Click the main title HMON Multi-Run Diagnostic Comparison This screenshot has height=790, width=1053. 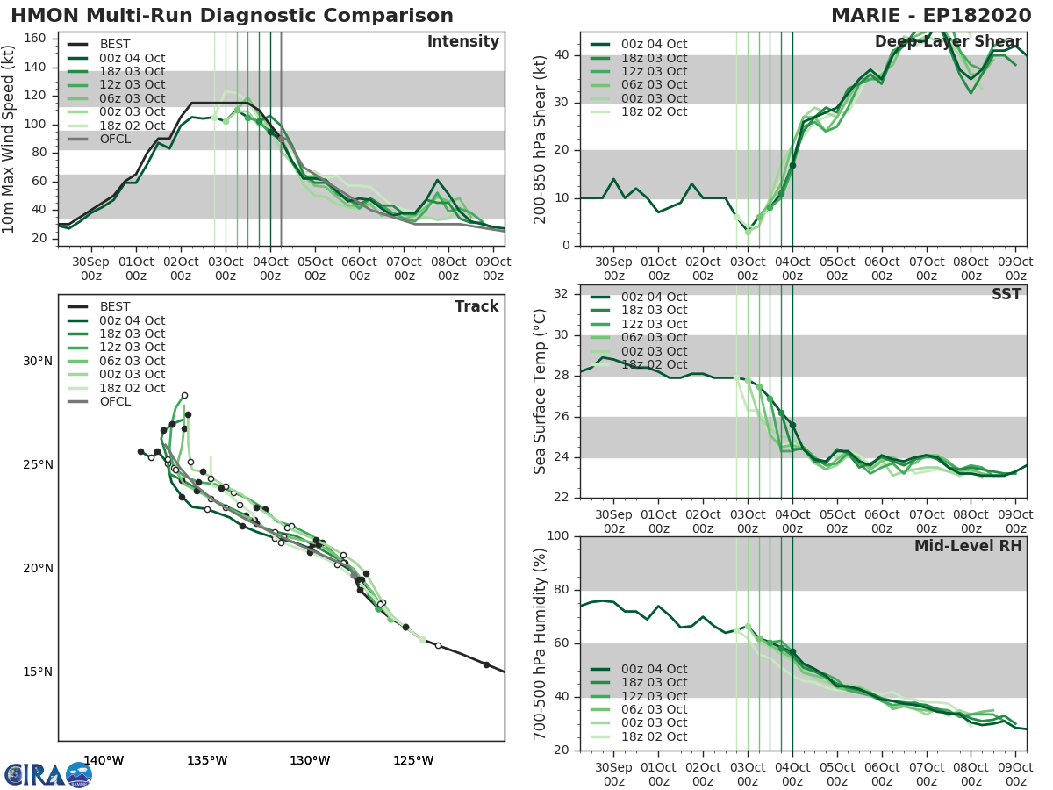[x=232, y=16]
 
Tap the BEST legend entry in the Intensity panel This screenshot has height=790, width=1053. [x=115, y=45]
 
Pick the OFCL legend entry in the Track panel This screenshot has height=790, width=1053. [x=115, y=401]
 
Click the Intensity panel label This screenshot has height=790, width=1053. [x=462, y=42]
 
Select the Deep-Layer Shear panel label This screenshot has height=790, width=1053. [x=948, y=42]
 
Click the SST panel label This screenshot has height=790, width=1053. [x=1006, y=295]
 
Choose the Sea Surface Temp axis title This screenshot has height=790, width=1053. [x=541, y=391]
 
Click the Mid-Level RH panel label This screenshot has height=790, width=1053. [x=967, y=547]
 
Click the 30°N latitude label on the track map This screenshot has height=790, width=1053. [x=38, y=362]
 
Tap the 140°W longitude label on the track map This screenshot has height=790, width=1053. [x=104, y=760]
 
